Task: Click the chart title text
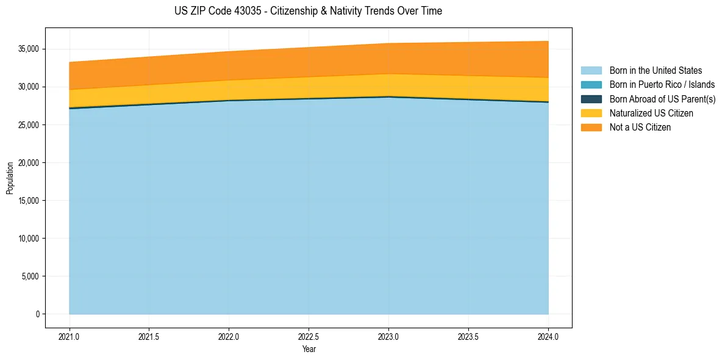tap(308, 11)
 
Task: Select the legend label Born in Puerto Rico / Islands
tap(662, 85)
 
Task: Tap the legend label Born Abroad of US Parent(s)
tap(662, 99)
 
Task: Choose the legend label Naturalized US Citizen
tap(651, 113)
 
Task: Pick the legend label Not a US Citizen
tap(640, 128)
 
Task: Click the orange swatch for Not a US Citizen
tap(591, 128)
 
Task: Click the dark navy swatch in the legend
tap(591, 99)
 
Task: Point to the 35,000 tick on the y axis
tap(29, 49)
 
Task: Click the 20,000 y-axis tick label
tap(29, 163)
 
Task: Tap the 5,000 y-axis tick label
tap(30, 276)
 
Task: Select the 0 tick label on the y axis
tap(37, 314)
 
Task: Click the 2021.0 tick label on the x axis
tap(69, 336)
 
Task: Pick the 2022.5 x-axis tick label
tap(309, 336)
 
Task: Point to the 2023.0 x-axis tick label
tap(388, 336)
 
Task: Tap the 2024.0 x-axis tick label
tap(548, 336)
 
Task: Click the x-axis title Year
tap(309, 349)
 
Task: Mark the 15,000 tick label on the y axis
tap(29, 201)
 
